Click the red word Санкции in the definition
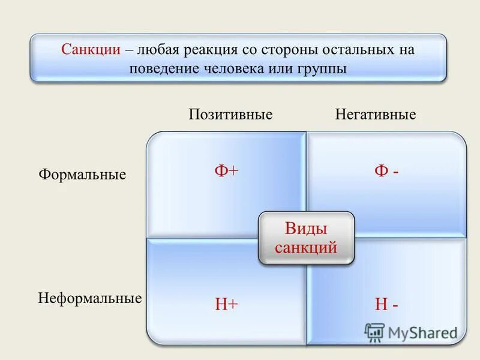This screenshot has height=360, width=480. click(x=91, y=50)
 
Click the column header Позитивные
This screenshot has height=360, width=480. click(x=231, y=115)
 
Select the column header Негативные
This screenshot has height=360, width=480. click(x=376, y=115)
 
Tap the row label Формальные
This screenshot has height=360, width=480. click(x=82, y=175)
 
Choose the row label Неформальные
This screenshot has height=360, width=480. click(x=90, y=298)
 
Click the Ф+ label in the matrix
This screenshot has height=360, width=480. click(x=227, y=172)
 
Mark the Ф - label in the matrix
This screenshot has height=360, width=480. click(x=387, y=172)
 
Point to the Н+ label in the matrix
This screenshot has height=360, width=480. click(x=227, y=305)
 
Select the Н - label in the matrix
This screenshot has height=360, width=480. click(x=387, y=305)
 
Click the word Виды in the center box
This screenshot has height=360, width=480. click(x=306, y=229)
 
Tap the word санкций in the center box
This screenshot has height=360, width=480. click(x=306, y=247)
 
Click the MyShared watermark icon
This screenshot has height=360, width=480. click(x=374, y=332)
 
